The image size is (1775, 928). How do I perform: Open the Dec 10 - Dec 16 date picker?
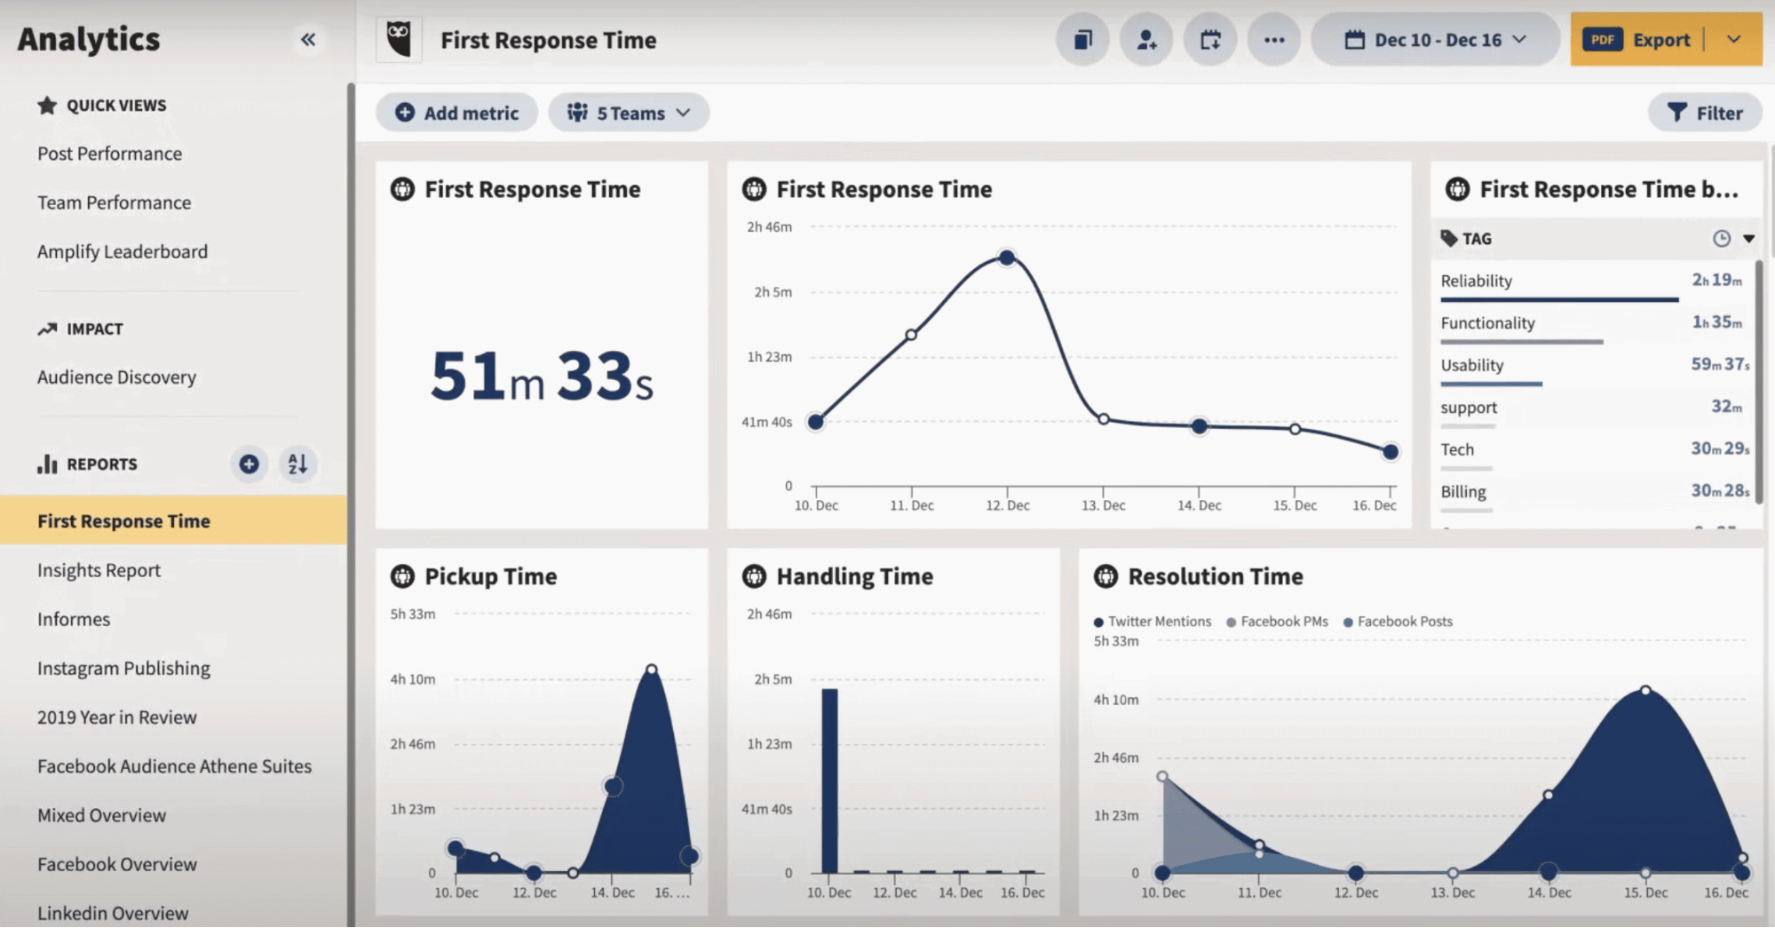click(x=1436, y=40)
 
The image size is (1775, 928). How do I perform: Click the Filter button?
click(x=1705, y=113)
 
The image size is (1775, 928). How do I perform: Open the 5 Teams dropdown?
click(x=629, y=113)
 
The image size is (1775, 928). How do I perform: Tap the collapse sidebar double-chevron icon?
click(x=308, y=39)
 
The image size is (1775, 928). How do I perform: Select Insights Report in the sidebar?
click(x=99, y=570)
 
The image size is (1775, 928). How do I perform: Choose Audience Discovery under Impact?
click(x=116, y=377)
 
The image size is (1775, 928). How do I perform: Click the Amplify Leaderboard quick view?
click(x=123, y=251)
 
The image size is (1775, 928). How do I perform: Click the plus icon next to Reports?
click(x=249, y=464)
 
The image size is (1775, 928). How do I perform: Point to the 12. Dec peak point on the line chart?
click(x=1006, y=258)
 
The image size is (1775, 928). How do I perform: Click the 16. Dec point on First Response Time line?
click(x=1391, y=452)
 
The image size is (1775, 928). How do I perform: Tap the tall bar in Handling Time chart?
click(x=829, y=780)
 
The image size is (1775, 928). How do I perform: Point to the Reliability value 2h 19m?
click(x=1716, y=280)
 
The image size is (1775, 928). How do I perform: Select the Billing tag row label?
click(x=1462, y=491)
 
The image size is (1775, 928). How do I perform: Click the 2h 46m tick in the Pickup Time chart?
click(x=413, y=744)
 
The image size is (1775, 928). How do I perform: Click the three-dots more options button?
click(x=1274, y=40)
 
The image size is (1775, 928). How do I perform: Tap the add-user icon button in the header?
click(x=1146, y=40)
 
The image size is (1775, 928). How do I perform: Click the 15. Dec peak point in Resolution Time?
click(x=1645, y=690)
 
